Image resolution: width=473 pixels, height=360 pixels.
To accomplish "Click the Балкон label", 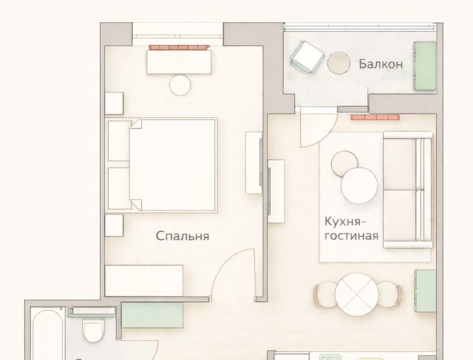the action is point(381,64).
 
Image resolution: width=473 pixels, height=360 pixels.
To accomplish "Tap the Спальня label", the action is point(182,236).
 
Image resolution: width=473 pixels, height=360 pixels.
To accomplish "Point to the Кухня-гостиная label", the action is point(351,228).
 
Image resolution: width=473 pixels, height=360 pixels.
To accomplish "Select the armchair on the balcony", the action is point(306,57).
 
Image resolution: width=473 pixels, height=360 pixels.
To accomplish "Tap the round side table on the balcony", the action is point(338,63).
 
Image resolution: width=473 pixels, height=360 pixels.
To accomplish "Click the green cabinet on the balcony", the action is point(425,66).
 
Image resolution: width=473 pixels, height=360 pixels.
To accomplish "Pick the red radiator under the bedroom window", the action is point(179,47).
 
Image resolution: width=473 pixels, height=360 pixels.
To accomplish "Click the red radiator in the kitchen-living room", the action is point(375,117).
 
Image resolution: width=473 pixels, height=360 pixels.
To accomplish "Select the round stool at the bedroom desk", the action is point(180,85).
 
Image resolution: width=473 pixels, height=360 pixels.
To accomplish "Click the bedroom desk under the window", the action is point(179,62).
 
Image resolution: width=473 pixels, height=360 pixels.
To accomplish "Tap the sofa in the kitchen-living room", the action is point(408,190).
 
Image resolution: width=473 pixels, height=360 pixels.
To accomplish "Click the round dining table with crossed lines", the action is point(357,294).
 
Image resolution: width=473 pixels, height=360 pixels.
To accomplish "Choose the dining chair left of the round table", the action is point(325,294).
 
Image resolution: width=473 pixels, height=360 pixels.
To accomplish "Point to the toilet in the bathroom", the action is point(93,330).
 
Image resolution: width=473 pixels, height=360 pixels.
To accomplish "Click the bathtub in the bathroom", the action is point(48,334).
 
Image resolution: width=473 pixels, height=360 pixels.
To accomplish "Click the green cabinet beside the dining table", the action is point(425,291).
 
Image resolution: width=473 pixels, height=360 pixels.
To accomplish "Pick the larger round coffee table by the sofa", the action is point(359,185).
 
